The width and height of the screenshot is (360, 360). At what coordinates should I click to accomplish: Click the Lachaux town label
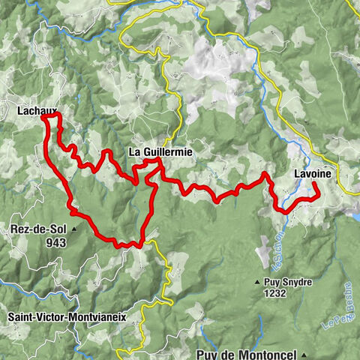(x=37, y=110)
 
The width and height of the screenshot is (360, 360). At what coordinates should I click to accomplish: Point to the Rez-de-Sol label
(x=37, y=229)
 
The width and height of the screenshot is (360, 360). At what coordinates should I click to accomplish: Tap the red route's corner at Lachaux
(x=45, y=116)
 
